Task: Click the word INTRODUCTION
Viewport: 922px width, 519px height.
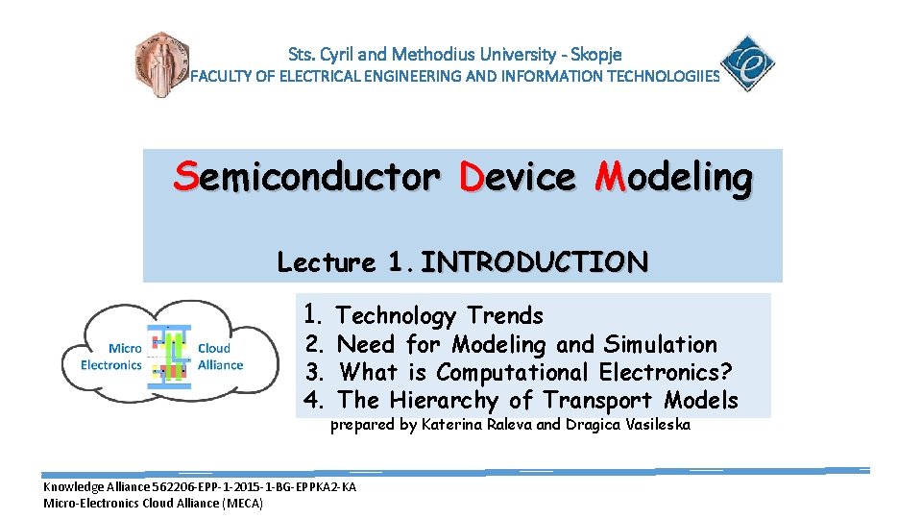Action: click(534, 261)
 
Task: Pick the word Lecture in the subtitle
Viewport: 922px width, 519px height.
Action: click(327, 261)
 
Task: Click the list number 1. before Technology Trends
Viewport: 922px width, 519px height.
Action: click(313, 314)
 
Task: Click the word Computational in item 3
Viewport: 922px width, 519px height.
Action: click(511, 372)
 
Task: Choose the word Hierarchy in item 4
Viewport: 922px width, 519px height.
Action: click(445, 400)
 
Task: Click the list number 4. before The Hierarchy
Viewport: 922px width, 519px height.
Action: click(314, 400)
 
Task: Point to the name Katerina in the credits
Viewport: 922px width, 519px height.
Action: click(453, 425)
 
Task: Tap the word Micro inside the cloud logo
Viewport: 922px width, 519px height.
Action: click(124, 349)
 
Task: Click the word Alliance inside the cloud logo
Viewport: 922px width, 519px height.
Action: click(220, 364)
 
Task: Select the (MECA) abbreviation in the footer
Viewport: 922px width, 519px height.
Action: click(242, 503)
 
